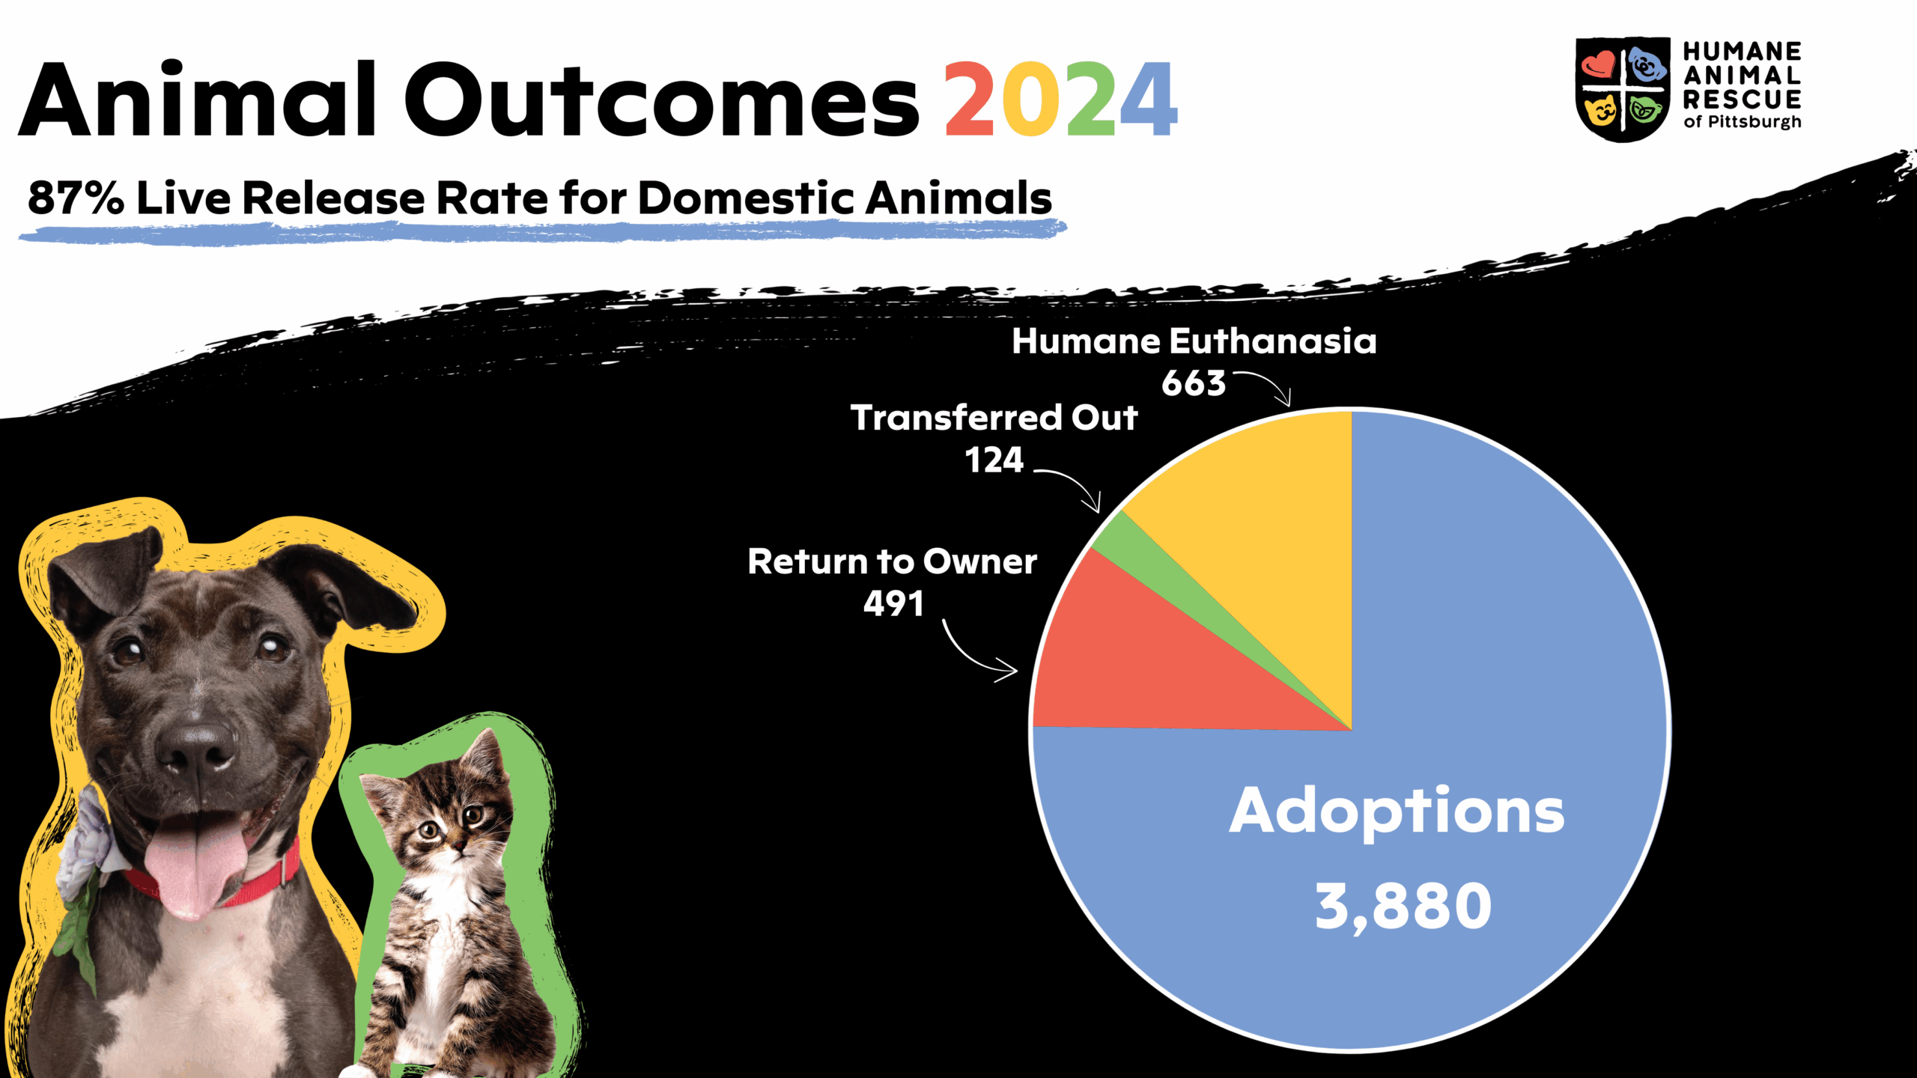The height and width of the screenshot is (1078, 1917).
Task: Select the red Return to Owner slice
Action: (x=1146, y=666)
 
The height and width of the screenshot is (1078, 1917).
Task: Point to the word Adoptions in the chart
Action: (x=1397, y=813)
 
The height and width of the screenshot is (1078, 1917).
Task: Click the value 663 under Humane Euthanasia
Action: (x=1194, y=383)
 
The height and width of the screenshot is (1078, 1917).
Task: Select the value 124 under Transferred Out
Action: (x=994, y=460)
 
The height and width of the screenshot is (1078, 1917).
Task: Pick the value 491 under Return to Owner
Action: (x=893, y=603)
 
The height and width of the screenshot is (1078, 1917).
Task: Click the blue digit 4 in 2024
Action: (x=1149, y=99)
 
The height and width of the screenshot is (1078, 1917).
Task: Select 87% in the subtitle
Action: (x=76, y=198)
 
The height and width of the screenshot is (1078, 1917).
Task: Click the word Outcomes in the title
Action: (x=662, y=100)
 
